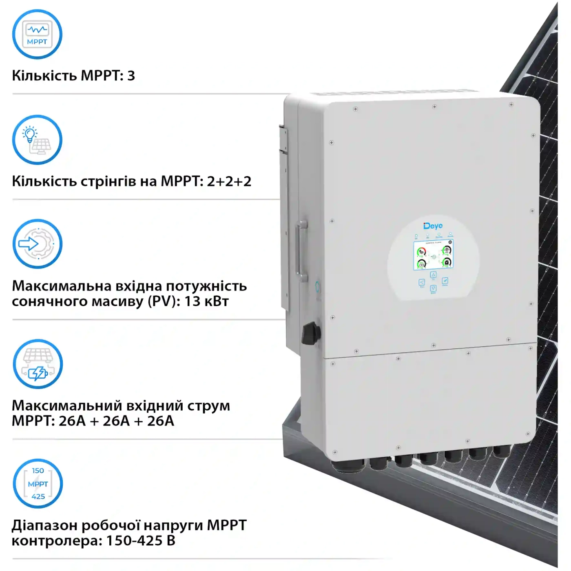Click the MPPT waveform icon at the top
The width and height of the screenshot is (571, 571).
click(37, 34)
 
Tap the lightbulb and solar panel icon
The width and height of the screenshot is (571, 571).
click(37, 140)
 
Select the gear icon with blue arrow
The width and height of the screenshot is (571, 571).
click(38, 244)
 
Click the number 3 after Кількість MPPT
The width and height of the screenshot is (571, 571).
click(131, 76)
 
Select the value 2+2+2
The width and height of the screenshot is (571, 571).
click(229, 181)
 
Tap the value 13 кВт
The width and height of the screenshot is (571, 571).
click(206, 301)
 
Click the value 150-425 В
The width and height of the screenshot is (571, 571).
click(141, 541)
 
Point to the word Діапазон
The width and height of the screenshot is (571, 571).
click(44, 525)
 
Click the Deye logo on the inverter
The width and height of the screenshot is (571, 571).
click(433, 226)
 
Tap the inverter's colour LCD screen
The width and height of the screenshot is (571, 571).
click(433, 255)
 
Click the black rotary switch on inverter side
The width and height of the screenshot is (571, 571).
click(311, 333)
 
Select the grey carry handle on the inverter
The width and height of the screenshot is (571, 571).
click(302, 251)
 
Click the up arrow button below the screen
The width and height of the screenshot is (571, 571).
click(433, 275)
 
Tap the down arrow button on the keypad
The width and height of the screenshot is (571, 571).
click(433, 288)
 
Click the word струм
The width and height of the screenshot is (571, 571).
click(208, 406)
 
